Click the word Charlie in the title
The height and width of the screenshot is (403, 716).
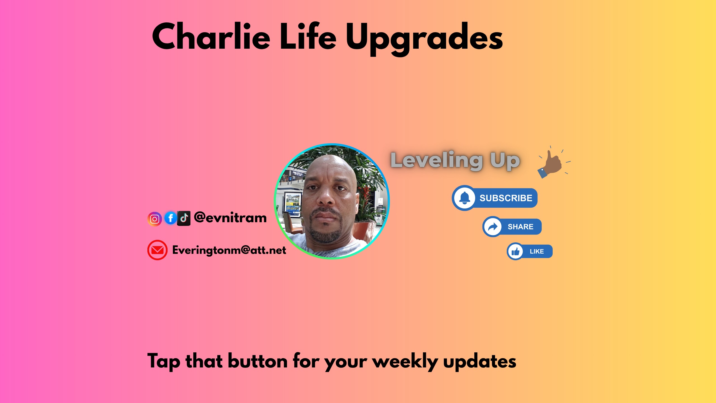211,36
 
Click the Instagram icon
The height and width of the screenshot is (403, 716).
155,219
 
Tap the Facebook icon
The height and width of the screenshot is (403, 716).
170,218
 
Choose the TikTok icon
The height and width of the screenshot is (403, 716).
184,218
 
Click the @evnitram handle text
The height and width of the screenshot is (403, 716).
230,218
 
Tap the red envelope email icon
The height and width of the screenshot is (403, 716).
157,250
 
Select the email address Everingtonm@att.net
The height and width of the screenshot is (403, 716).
229,250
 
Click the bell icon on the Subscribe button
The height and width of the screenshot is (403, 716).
465,198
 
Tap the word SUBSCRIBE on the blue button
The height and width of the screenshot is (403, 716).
506,198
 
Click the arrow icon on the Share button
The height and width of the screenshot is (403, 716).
493,227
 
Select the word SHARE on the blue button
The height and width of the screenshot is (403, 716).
520,227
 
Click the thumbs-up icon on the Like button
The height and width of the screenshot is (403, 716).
515,251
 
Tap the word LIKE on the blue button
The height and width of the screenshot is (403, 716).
537,251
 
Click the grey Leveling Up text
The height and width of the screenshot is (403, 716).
455,161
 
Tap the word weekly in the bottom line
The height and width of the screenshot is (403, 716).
405,362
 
